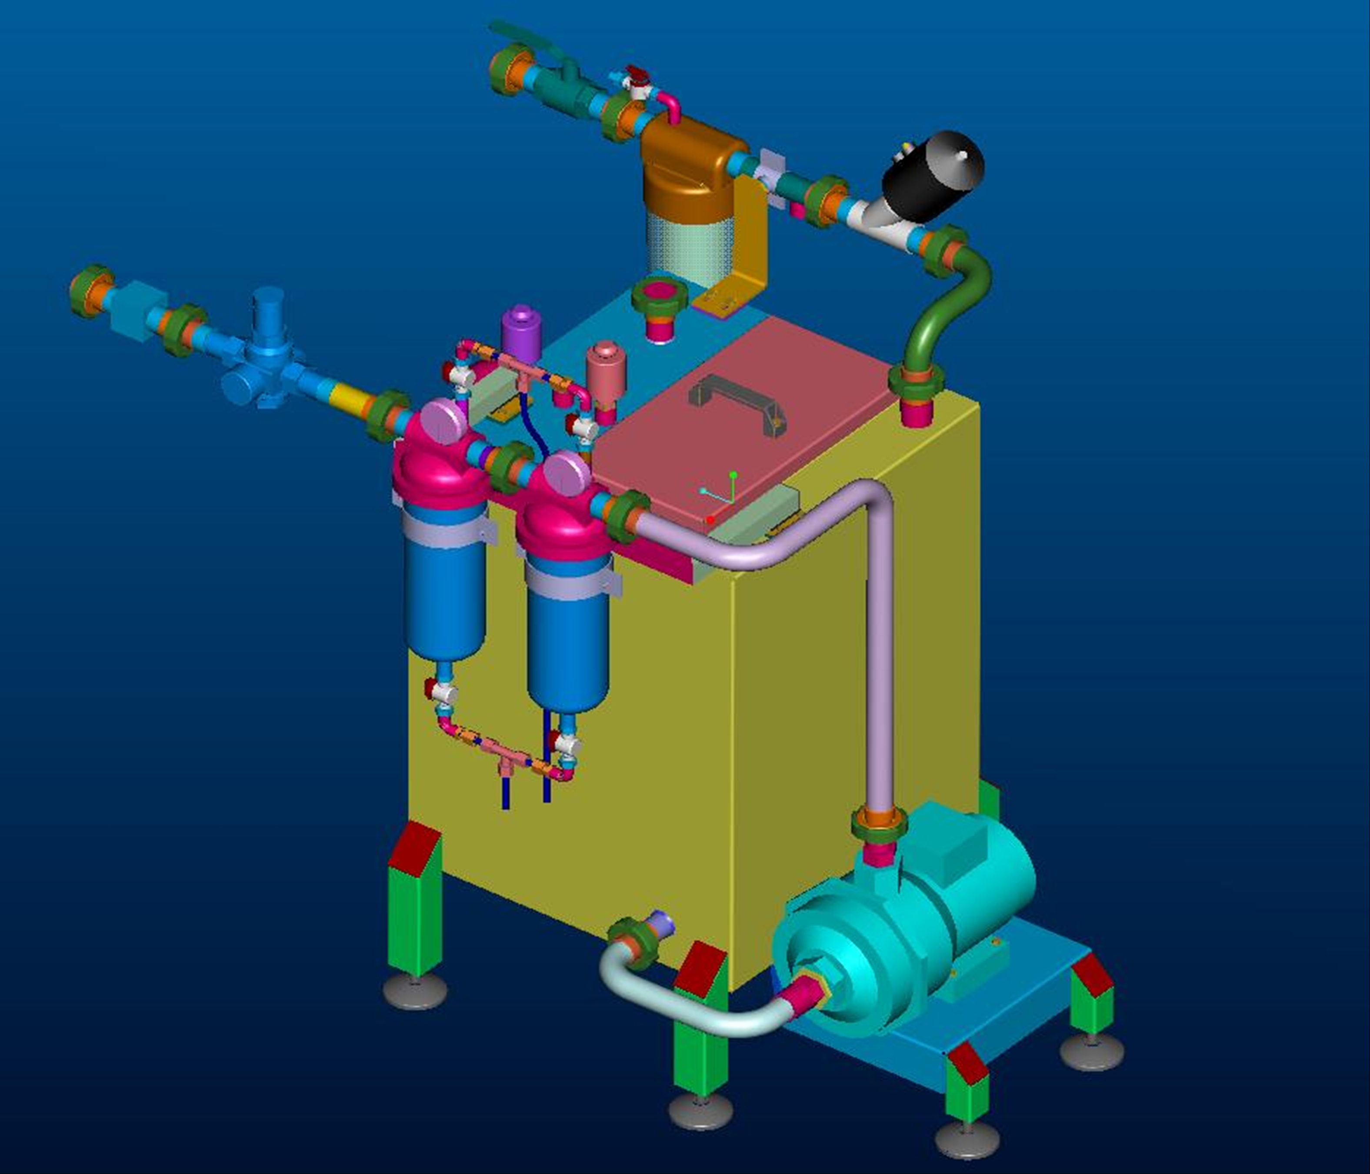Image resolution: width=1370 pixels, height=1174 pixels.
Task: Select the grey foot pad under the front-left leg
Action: click(x=415, y=991)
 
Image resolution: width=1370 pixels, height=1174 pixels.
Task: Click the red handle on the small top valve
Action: click(x=636, y=72)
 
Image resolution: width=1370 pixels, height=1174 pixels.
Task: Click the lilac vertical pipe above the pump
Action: click(x=880, y=661)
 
